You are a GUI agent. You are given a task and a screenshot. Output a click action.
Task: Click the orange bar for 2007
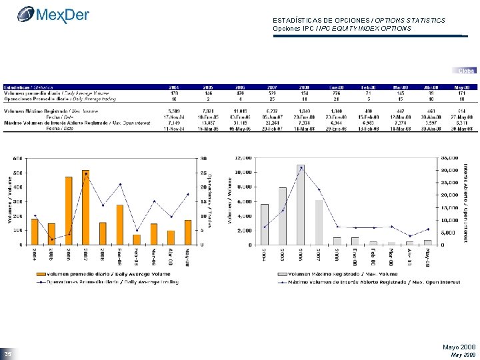[86, 207]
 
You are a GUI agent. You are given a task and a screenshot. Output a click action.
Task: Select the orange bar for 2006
[69, 211]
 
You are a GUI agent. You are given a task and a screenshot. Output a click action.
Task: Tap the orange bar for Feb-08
[137, 239]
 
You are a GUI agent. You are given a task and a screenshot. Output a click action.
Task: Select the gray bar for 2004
[265, 224]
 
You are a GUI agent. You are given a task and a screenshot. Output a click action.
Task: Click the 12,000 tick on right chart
[243, 158]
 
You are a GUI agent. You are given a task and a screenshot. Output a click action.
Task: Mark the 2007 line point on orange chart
[86, 173]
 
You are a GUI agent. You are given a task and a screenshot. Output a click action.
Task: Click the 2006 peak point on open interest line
[301, 167]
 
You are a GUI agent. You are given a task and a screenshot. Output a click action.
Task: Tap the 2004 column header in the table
[173, 87]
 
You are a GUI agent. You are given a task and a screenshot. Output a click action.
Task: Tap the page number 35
[8, 353]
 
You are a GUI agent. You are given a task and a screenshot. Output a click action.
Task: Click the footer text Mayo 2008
[459, 347]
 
